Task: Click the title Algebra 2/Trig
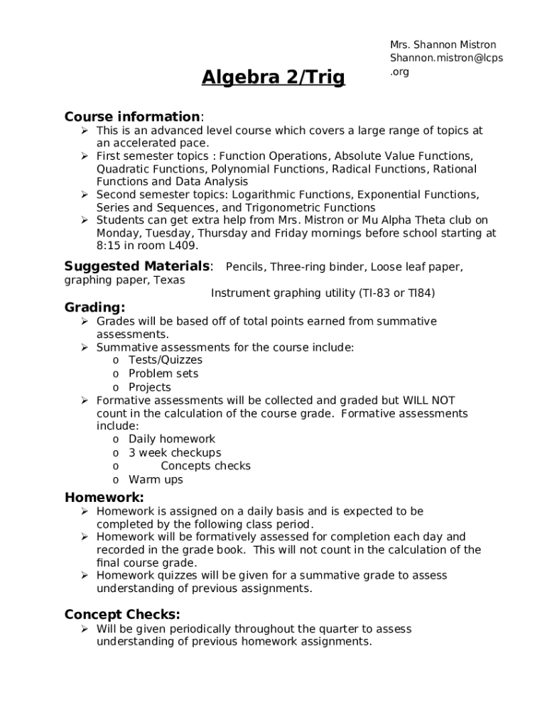273,77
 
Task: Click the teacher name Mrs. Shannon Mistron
443,45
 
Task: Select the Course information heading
133,116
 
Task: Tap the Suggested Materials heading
138,266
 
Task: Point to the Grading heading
94,307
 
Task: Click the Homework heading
104,497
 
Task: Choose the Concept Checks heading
122,614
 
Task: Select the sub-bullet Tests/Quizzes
165,360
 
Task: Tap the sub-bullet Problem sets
163,373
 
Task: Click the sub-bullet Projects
149,387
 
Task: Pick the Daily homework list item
171,439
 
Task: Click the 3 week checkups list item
174,452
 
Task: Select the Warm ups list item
155,479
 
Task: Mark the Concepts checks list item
205,466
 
